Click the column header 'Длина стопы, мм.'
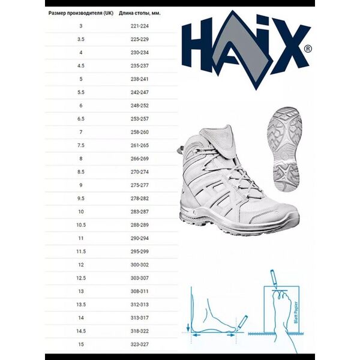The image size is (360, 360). point(139,12)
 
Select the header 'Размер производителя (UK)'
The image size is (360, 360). point(82,12)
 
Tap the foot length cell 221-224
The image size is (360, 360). point(139,26)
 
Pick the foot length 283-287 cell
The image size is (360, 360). point(139,211)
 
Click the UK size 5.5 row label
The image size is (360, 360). point(81,92)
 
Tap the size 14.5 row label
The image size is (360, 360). point(81,330)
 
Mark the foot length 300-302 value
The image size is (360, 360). point(139,264)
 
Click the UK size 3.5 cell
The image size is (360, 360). point(81,39)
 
